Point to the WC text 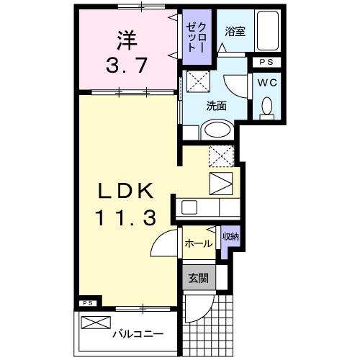[268, 82]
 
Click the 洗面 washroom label [216, 105]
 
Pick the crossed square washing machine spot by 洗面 [199, 81]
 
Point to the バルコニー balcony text [137, 334]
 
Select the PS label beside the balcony [87, 303]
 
